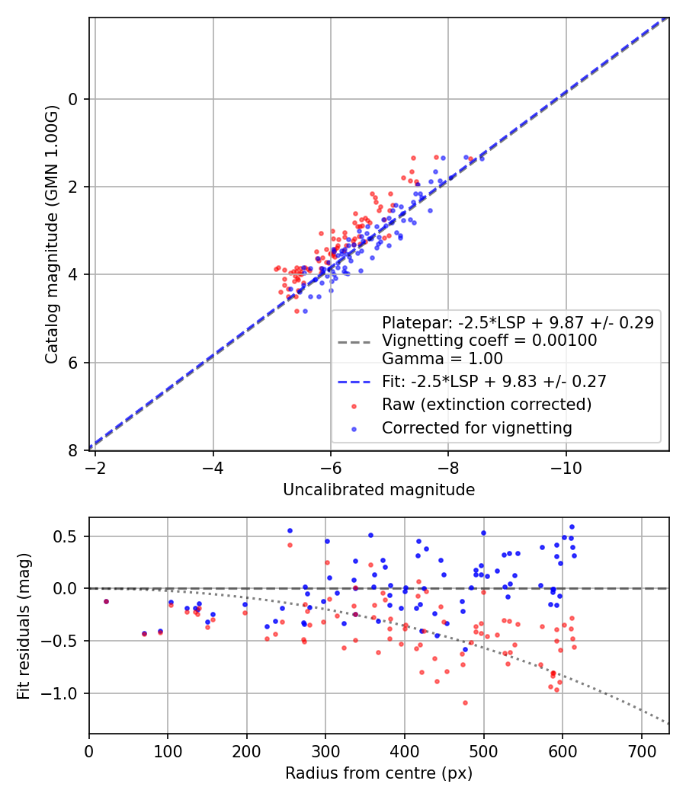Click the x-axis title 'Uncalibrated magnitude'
(x=379, y=490)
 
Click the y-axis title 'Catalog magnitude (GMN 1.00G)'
(x=52, y=235)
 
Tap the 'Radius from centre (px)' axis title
(x=379, y=773)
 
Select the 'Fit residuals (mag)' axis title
(x=24, y=626)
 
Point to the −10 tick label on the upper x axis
(x=566, y=468)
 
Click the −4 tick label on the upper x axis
(x=213, y=468)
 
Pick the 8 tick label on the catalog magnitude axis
(x=73, y=450)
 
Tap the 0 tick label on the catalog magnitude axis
(x=73, y=99)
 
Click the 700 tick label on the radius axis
(x=641, y=751)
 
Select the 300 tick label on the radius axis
(x=325, y=751)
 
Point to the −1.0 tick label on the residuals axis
(x=59, y=693)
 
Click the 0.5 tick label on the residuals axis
(x=66, y=536)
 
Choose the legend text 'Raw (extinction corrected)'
(x=487, y=405)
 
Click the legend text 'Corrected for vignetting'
(x=476, y=428)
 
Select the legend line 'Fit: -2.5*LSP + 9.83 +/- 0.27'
(x=354, y=382)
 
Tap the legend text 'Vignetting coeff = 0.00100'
(x=489, y=341)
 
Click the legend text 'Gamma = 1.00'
(x=443, y=359)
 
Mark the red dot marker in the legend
(x=354, y=407)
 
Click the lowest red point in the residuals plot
(x=465, y=703)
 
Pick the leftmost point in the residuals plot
(x=106, y=602)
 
